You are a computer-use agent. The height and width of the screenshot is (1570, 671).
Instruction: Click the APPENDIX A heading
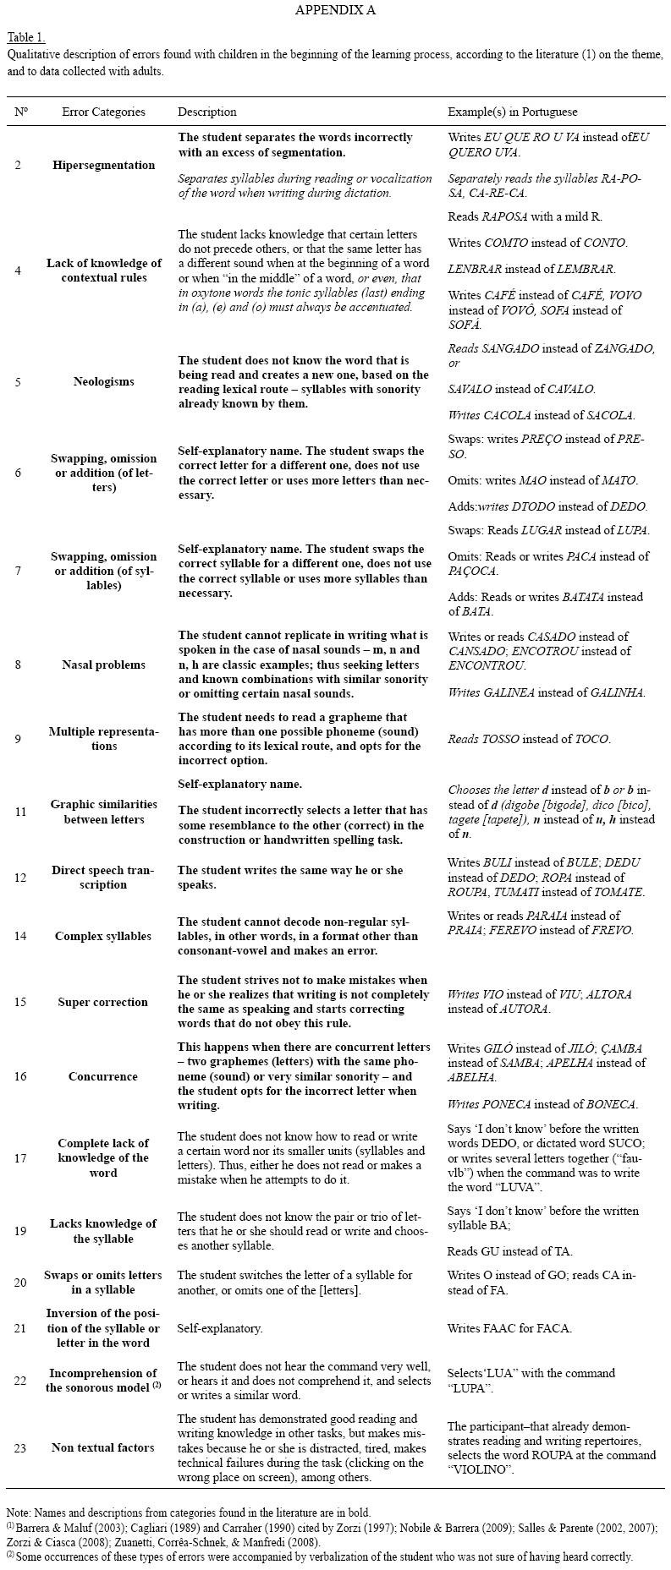[335, 10]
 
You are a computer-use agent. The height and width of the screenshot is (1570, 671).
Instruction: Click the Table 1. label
[26, 37]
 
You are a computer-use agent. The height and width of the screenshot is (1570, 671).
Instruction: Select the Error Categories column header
[103, 112]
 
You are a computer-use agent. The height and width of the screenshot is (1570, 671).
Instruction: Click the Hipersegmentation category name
[103, 165]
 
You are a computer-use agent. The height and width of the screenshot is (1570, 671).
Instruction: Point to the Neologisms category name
[103, 381]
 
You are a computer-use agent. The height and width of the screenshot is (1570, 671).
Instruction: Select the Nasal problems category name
[103, 665]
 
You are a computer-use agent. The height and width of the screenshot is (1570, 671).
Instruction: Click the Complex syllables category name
[103, 936]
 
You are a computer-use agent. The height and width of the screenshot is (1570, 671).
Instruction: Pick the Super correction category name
[103, 1002]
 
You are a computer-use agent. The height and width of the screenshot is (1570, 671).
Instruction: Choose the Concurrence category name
[103, 1076]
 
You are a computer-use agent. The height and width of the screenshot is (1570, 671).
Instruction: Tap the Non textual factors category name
[103, 1447]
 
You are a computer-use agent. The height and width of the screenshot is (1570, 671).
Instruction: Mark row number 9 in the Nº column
[19, 739]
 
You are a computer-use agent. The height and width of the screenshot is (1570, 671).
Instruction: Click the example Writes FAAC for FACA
[509, 1327]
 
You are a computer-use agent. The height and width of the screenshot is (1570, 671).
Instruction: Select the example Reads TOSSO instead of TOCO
[529, 739]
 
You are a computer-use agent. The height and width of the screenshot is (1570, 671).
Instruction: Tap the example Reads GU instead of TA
[509, 1251]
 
